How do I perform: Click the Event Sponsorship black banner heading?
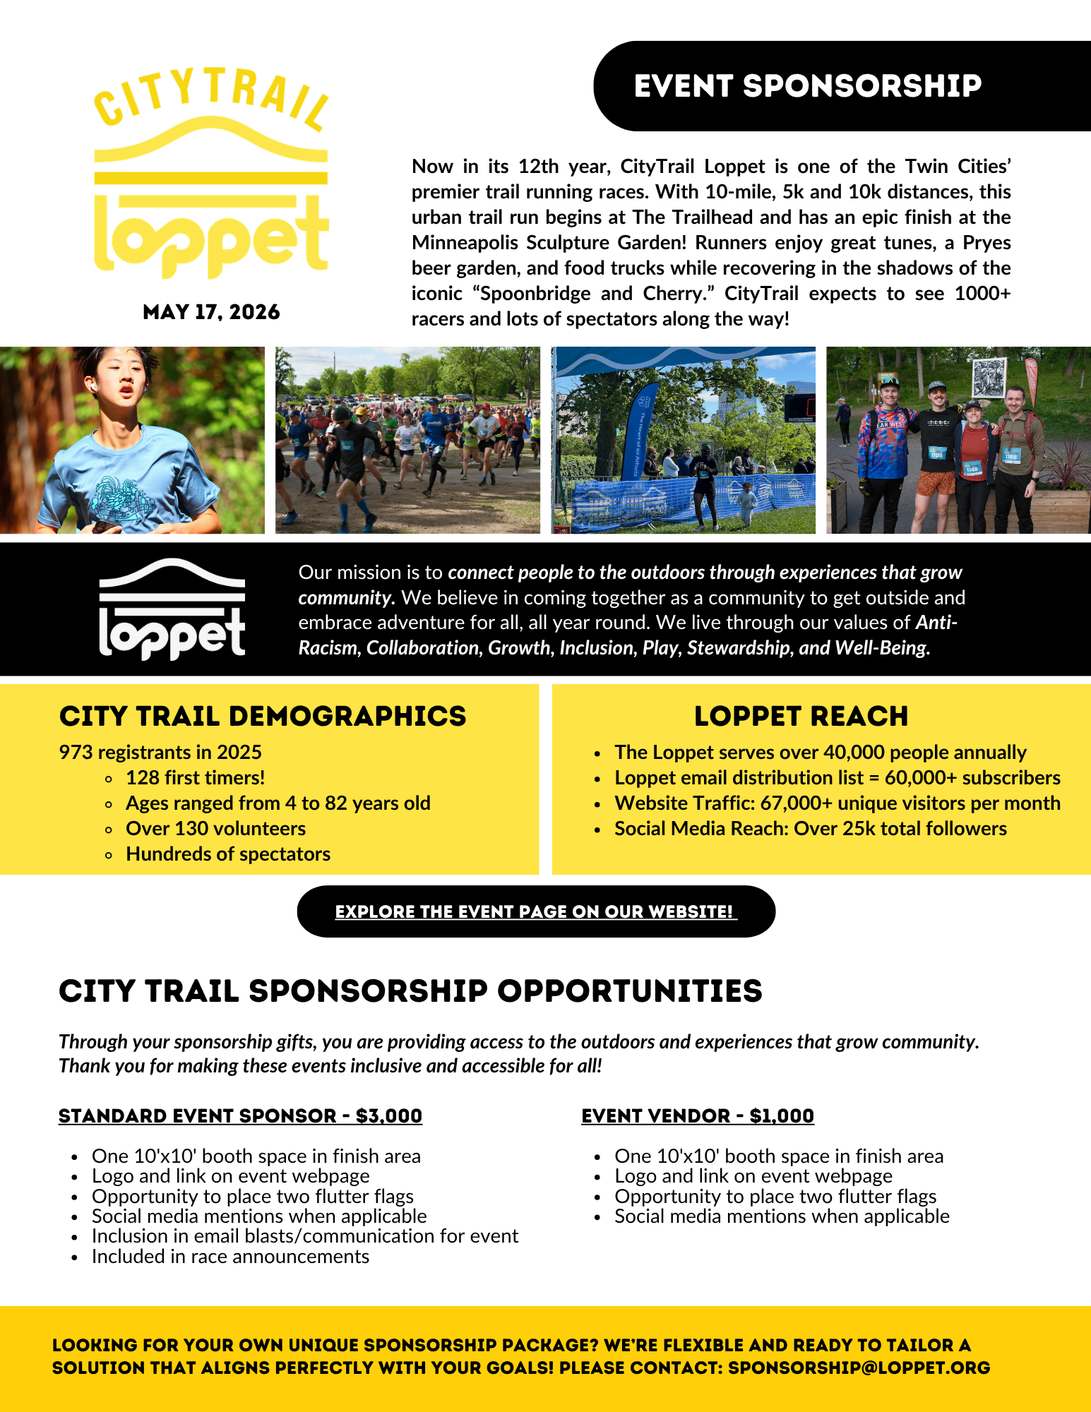pos(807,86)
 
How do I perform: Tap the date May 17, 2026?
pos(211,312)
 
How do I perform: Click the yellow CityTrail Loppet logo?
pos(211,173)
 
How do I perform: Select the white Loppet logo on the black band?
pos(172,609)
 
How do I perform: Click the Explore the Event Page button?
pos(536,911)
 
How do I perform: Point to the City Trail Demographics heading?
pos(263,716)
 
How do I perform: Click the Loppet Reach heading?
pos(801,716)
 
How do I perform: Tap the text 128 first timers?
pos(196,777)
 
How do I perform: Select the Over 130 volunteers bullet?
pos(215,828)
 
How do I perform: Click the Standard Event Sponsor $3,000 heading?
pos(240,1115)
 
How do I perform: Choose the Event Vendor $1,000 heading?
pos(698,1115)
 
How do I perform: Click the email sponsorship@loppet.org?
pos(859,1368)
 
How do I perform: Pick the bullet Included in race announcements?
pos(230,1257)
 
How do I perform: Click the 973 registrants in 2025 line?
pos(160,752)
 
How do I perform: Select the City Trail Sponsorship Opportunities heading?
pos(410,991)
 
